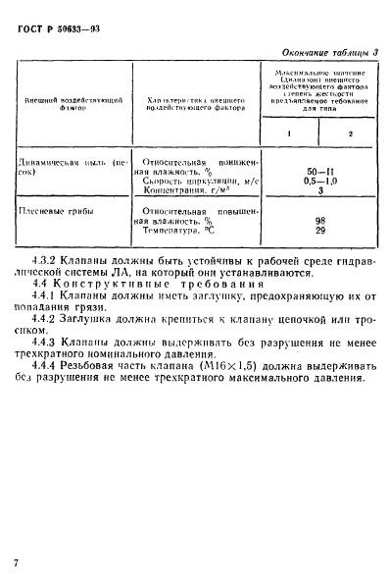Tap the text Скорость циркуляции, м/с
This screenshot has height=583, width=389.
point(198,181)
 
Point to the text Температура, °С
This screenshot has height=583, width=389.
point(183,232)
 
